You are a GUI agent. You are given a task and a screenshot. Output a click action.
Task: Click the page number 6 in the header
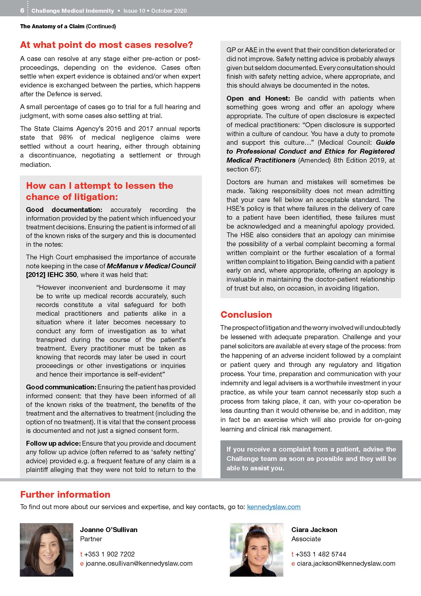pos(22,11)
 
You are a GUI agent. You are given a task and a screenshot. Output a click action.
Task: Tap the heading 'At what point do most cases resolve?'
pos(106,45)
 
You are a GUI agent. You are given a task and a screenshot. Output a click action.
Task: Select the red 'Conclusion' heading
pos(246,315)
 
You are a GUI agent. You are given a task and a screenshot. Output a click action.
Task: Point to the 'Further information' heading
pos(65,494)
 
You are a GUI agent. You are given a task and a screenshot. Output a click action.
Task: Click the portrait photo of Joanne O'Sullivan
pos(47,550)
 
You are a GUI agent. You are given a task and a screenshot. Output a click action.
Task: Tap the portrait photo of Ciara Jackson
pos(256,550)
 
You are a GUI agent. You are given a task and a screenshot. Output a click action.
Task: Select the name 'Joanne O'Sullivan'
pos(109,529)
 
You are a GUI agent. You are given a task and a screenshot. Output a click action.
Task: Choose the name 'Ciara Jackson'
pos(314,529)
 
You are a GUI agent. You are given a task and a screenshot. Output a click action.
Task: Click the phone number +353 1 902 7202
pos(109,554)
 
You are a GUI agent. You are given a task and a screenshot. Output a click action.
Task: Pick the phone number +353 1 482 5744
pos(321,554)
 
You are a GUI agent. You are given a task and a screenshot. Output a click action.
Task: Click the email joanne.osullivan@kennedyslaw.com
pos(139,563)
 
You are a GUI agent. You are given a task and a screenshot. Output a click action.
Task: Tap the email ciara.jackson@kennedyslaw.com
pos(346,563)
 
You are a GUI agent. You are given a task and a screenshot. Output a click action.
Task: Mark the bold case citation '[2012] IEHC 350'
pos(51,275)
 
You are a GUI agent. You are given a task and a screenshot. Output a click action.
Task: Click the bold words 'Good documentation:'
pos(64,210)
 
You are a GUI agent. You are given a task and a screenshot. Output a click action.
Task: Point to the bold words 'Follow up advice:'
pos(53,443)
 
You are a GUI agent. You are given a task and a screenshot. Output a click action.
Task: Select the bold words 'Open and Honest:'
pos(258,98)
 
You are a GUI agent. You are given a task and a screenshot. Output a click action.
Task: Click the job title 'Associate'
pos(306,539)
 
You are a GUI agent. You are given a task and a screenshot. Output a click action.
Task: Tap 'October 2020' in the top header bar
pos(169,11)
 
